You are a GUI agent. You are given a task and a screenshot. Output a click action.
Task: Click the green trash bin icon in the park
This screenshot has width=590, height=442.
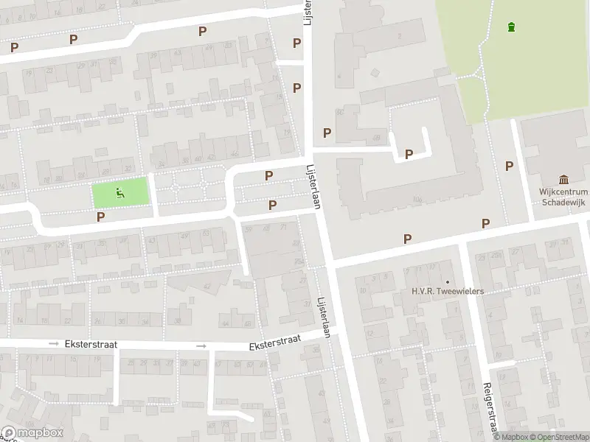pyautogui.click(x=511, y=28)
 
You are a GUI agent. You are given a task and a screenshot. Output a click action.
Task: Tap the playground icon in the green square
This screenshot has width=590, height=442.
pyautogui.click(x=119, y=194)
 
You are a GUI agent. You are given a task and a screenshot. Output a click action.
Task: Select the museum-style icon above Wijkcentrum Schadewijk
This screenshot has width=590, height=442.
pyautogui.click(x=564, y=180)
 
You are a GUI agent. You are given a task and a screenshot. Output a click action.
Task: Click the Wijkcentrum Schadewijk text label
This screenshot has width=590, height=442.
pyautogui.click(x=563, y=195)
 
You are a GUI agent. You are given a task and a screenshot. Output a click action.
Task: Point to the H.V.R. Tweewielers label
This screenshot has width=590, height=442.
pyautogui.click(x=447, y=291)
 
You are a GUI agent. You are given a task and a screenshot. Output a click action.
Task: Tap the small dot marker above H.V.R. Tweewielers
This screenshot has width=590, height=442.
pyautogui.click(x=447, y=281)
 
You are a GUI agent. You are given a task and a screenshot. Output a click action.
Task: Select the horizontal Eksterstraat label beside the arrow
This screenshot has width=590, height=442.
pyautogui.click(x=91, y=344)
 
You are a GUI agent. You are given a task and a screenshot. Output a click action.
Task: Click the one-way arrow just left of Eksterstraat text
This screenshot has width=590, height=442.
pyautogui.click(x=53, y=344)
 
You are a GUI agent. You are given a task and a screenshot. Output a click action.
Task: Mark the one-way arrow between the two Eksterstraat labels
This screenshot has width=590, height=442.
pyautogui.click(x=201, y=345)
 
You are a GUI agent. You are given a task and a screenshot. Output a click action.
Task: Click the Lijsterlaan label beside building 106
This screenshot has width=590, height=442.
pyautogui.click(x=313, y=186)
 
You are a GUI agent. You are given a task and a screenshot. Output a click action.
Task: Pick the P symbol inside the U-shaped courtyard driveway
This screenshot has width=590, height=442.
pyautogui.click(x=408, y=154)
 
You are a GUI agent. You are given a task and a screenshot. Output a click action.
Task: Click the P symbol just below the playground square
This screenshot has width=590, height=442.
pyautogui.click(x=101, y=217)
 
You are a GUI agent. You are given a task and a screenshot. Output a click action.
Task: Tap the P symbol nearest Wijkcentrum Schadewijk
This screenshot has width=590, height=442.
pyautogui.click(x=509, y=166)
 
